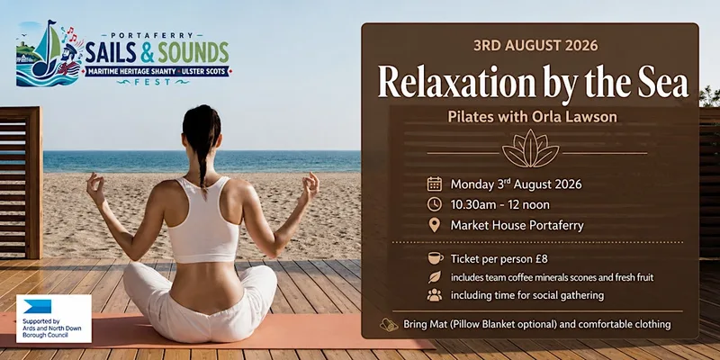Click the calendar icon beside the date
tap(435, 184)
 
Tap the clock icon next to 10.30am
tap(435, 204)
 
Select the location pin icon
tap(434, 225)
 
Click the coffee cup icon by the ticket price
tap(436, 258)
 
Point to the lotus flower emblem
tap(530, 148)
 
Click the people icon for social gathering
tap(435, 295)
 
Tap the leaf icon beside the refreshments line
tap(435, 277)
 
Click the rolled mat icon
tap(389, 325)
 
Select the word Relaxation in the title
tap(456, 83)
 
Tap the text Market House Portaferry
tap(517, 226)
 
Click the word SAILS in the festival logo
tap(111, 52)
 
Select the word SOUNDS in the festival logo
tap(193, 52)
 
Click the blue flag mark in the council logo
tap(37, 306)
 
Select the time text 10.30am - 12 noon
tap(500, 205)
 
